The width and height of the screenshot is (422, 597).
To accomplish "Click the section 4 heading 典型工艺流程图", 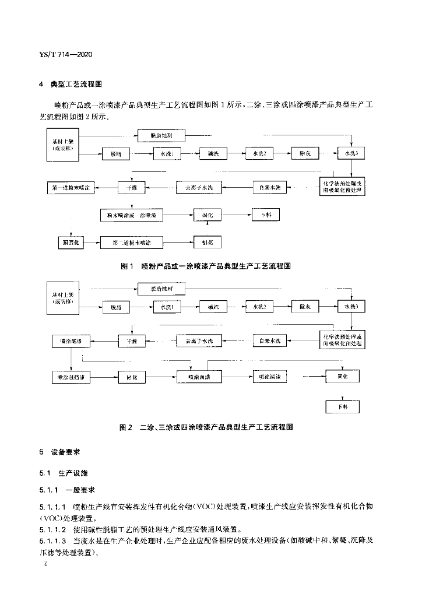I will [x=76, y=85].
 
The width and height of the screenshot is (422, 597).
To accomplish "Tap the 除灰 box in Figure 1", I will [x=306, y=153].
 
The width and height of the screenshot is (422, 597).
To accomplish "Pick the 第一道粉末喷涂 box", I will [x=71, y=188].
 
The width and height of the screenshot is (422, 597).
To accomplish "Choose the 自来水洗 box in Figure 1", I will [x=270, y=188].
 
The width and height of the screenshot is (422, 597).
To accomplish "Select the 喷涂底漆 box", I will [x=71, y=339].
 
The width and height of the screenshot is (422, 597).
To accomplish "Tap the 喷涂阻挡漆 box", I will [x=71, y=377].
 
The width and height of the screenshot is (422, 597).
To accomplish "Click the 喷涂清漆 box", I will [x=270, y=377].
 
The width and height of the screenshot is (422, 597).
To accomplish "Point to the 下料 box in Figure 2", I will [x=342, y=406].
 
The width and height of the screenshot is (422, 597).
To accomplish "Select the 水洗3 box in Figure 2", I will [x=351, y=307].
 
